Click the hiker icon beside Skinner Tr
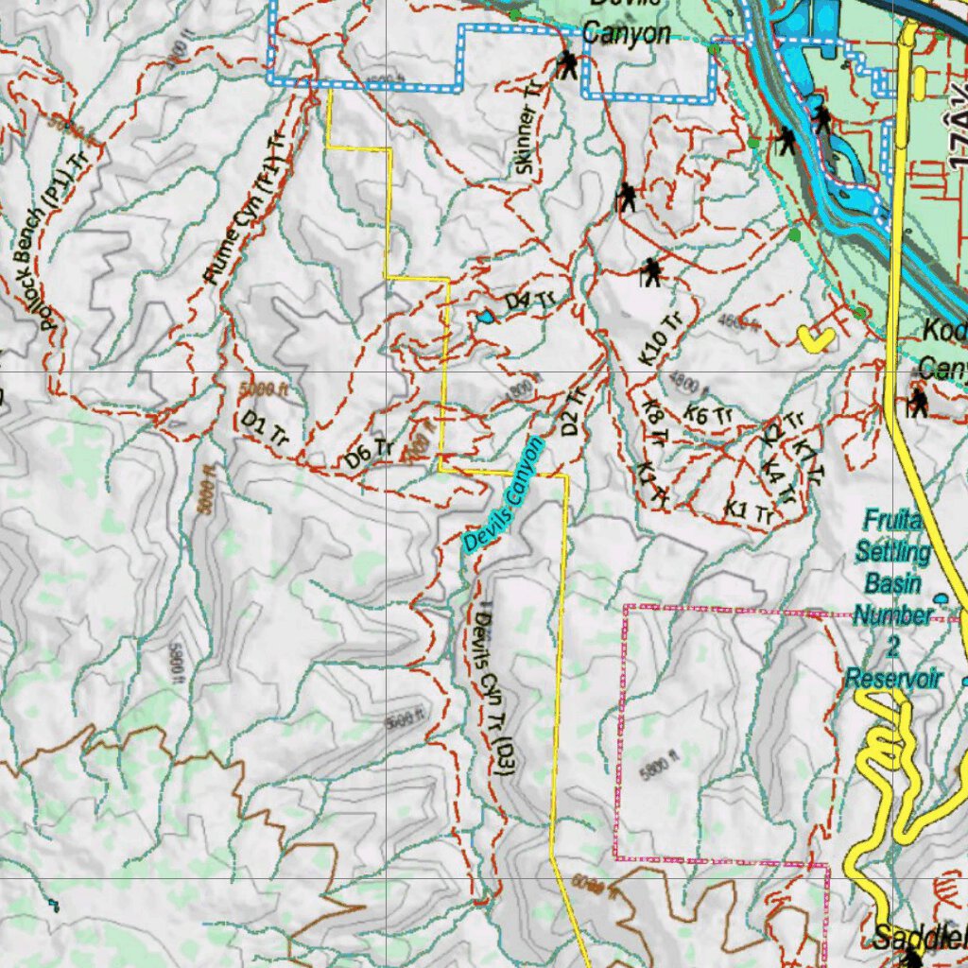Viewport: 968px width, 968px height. [567, 65]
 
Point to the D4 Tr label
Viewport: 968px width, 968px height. [528, 301]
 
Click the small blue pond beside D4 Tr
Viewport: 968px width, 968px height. [485, 318]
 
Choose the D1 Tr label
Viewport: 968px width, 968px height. [265, 428]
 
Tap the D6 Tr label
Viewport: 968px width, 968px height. [369, 453]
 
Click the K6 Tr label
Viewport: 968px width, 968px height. [709, 414]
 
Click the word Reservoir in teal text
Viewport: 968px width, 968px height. [892, 679]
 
